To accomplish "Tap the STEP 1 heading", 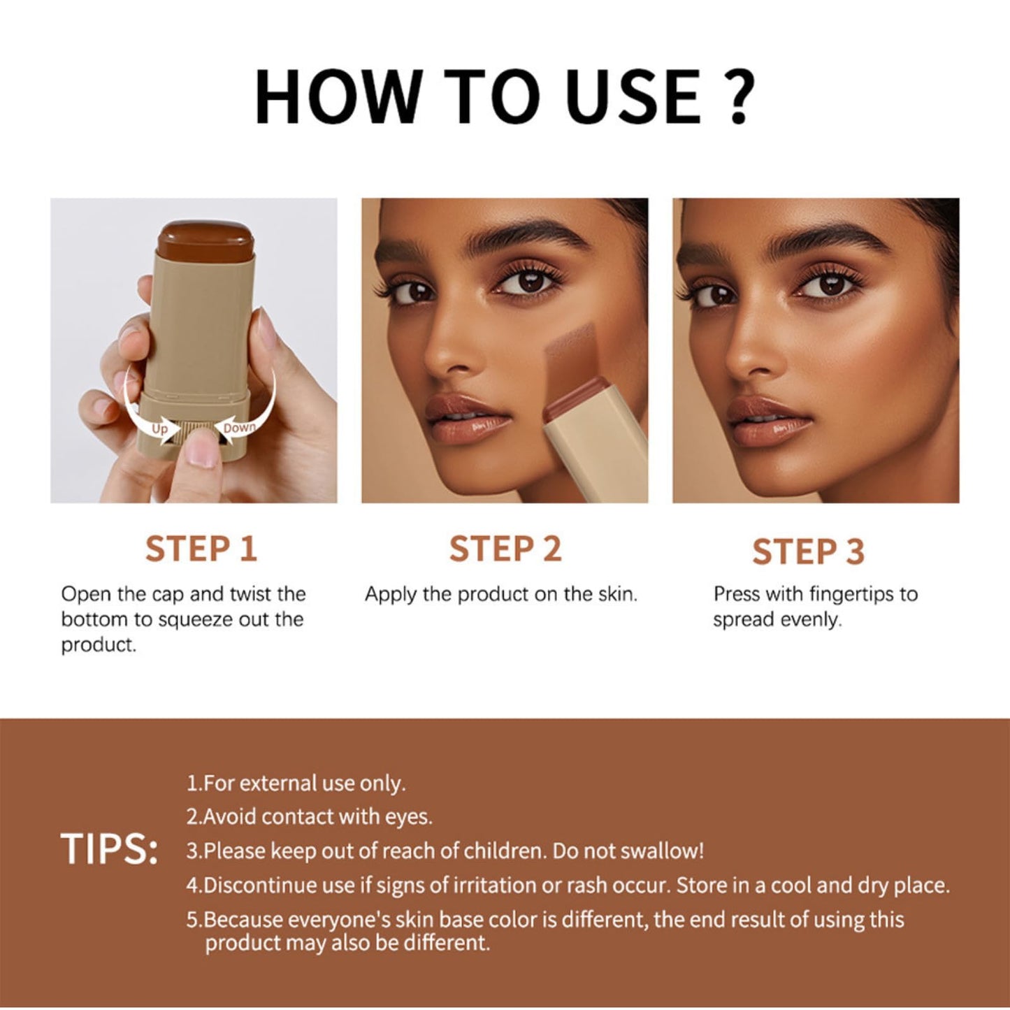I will [x=201, y=549].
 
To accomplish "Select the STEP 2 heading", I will [x=505, y=549].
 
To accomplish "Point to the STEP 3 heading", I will [x=808, y=551].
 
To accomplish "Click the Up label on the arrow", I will [x=160, y=429].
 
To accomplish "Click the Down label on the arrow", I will [x=240, y=427].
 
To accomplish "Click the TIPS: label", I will [x=110, y=850].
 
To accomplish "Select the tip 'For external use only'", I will [x=296, y=784].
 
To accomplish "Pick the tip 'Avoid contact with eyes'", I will [x=310, y=816].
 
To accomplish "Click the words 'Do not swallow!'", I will [x=628, y=851].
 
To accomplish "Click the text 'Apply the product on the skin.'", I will [x=501, y=594].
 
